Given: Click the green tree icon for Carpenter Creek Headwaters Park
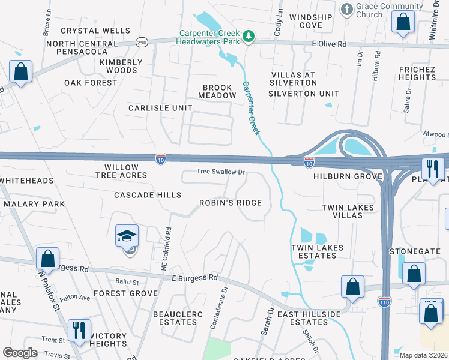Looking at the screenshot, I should [249, 38].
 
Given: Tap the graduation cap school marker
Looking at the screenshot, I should [127, 236].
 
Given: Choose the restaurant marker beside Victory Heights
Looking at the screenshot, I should [79, 330].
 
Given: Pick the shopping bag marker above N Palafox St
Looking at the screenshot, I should [47, 259].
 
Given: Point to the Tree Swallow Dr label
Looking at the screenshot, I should [221, 172].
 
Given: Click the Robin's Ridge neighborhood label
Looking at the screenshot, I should [231, 203].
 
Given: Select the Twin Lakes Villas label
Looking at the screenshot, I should [348, 212].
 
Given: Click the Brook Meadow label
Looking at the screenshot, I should [219, 91].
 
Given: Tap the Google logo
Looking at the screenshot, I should [20, 353].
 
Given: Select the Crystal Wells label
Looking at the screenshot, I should [95, 31].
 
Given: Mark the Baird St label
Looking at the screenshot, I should [127, 282].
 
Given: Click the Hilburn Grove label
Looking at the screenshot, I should [348, 177].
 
